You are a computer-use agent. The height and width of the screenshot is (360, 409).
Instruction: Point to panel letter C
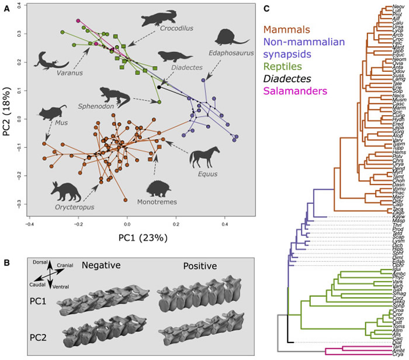[x=267, y=8]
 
